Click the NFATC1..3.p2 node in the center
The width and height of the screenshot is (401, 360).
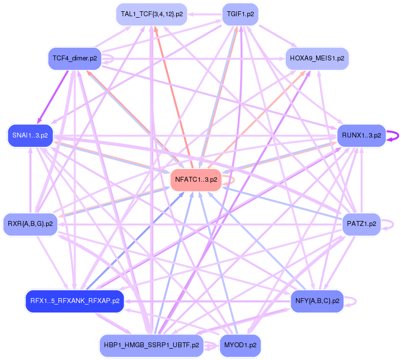[x=195, y=180]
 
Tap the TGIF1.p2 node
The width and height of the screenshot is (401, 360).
[x=240, y=14]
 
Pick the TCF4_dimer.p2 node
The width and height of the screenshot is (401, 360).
[x=75, y=58]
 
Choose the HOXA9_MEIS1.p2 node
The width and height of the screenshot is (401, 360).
[x=317, y=58]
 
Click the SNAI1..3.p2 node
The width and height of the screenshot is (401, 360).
[x=28, y=135]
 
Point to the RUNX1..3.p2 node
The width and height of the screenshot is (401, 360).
[x=361, y=135]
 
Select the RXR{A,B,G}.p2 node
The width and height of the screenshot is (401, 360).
[x=30, y=224]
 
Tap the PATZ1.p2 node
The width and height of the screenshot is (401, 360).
[x=361, y=224]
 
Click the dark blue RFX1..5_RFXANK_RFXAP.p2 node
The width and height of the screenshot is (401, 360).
[x=75, y=301]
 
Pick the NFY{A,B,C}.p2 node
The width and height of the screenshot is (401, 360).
[x=317, y=301]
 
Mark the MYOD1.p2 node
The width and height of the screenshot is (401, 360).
[x=240, y=345]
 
